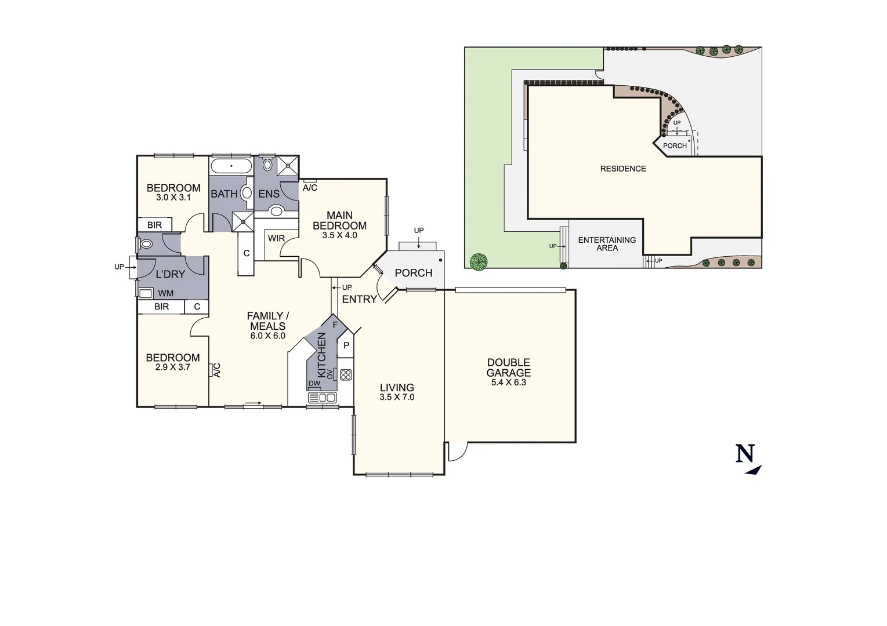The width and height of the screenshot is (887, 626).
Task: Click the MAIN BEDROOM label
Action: coord(339,220)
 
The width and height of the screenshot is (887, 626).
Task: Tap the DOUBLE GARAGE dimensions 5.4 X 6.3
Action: coord(508,383)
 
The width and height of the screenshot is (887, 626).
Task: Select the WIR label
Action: coord(276,238)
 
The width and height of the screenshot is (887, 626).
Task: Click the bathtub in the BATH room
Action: coord(231,166)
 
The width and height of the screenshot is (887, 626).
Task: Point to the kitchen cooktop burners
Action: coord(346,374)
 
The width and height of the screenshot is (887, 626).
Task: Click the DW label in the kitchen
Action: coord(314,384)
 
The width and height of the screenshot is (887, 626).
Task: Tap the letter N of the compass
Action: coord(745,453)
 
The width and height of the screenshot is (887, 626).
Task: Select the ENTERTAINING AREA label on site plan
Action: coord(607,244)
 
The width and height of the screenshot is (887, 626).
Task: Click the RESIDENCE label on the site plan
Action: coord(623,169)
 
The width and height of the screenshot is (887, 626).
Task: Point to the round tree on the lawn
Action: coord(479,262)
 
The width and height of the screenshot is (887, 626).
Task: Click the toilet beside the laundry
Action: coord(146,244)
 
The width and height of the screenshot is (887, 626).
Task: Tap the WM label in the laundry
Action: coord(165,293)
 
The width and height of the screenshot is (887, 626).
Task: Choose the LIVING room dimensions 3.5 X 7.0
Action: coord(397,398)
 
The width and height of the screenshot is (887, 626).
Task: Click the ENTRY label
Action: coord(359,299)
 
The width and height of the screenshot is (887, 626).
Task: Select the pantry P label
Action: coord(346,345)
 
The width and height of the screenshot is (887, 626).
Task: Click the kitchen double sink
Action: coord(322,398)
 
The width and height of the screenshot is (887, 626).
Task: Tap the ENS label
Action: coord(269,194)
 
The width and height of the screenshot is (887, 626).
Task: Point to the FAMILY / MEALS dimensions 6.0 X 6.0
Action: coord(267,336)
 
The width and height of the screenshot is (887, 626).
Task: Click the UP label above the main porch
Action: coord(419,231)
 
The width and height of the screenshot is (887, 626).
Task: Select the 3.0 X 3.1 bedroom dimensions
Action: coord(173,198)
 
